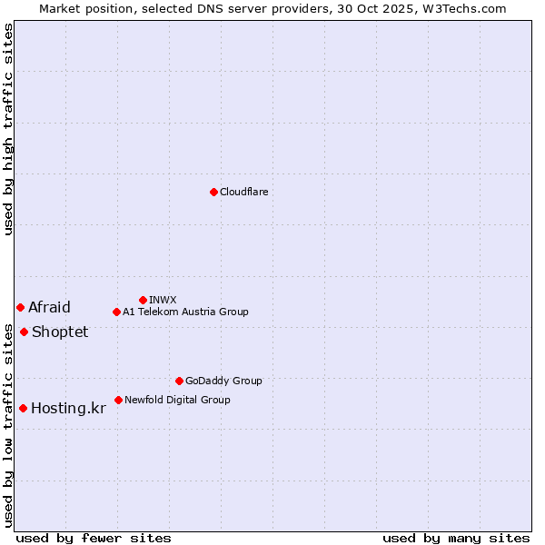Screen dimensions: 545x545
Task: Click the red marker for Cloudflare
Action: point(213,192)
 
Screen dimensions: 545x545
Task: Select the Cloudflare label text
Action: point(244,192)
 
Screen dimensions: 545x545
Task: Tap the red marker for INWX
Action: point(143,300)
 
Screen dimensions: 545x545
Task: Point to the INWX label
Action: point(163,300)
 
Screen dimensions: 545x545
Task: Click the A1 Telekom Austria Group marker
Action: point(116,312)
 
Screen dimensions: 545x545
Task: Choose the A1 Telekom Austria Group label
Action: point(185,312)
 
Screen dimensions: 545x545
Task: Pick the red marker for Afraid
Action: point(20,307)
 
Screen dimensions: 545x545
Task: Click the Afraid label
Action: point(49,307)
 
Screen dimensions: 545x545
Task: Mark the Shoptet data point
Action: point(24,332)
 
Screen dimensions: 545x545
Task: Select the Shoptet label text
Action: point(60,332)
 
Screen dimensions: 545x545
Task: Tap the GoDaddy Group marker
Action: point(179,381)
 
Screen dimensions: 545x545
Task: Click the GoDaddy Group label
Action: point(223,381)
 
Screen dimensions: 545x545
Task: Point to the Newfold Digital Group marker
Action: point(118,400)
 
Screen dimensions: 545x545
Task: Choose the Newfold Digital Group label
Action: point(177,400)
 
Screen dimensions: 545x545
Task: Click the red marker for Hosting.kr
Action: point(23,408)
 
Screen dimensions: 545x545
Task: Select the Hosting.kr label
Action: point(68,408)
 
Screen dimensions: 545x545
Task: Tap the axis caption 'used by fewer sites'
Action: point(94,538)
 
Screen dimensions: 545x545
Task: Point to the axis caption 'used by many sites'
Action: point(456,538)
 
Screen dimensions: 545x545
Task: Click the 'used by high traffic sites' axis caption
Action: point(9,129)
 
